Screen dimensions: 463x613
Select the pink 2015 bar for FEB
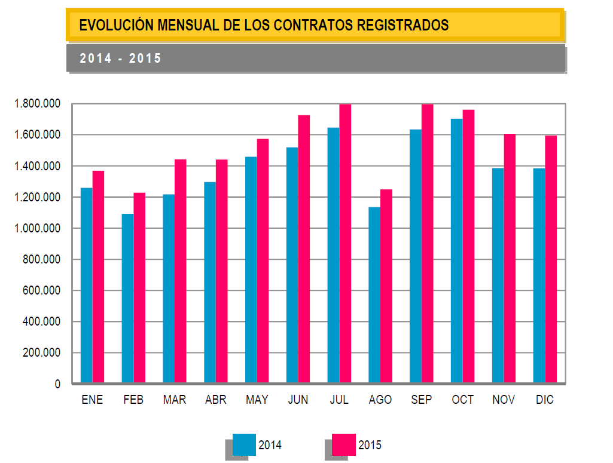pyautogui.click(x=139, y=287)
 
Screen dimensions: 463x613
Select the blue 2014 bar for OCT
pyautogui.click(x=457, y=250)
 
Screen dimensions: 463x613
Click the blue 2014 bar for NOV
pyautogui.click(x=498, y=275)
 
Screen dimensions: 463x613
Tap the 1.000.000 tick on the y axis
pyautogui.click(x=38, y=228)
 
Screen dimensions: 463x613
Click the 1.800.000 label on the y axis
pyautogui.click(x=38, y=104)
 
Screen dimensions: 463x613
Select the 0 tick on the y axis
pyautogui.click(x=58, y=384)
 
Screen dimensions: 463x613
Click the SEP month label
pyautogui.click(x=422, y=400)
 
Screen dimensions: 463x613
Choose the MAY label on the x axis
pyautogui.click(x=257, y=400)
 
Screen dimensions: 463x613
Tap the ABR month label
pyautogui.click(x=216, y=400)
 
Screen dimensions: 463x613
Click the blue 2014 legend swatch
pyautogui.click(x=244, y=444)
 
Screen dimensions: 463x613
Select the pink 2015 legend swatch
pyautogui.click(x=344, y=444)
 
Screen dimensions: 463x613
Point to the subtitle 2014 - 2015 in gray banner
pyautogui.click(x=120, y=59)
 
